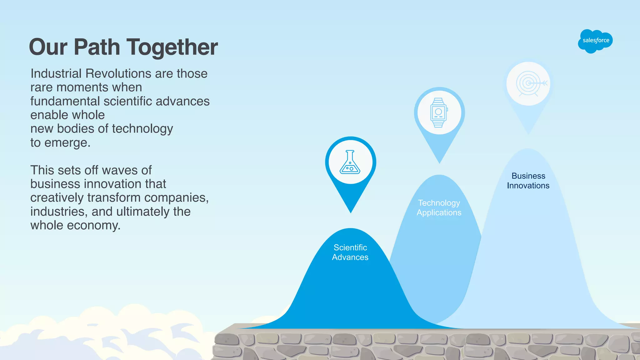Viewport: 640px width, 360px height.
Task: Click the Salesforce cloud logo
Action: (x=595, y=41)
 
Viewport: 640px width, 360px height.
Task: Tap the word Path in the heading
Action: (x=97, y=47)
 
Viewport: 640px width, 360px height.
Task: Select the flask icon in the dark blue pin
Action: (x=350, y=162)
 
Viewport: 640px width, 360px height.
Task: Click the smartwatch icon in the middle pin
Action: (x=439, y=112)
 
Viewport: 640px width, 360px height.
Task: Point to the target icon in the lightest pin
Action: (x=528, y=84)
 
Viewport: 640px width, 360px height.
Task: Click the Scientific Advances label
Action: (x=350, y=252)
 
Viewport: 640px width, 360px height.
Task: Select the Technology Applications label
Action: (x=439, y=207)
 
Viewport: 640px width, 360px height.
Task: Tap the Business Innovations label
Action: (x=528, y=181)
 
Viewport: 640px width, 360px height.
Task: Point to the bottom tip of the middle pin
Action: (x=439, y=162)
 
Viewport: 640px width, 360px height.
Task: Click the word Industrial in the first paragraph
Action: (x=56, y=74)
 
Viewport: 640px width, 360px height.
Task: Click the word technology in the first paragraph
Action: (x=142, y=129)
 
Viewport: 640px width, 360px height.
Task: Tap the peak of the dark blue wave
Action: (x=351, y=229)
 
